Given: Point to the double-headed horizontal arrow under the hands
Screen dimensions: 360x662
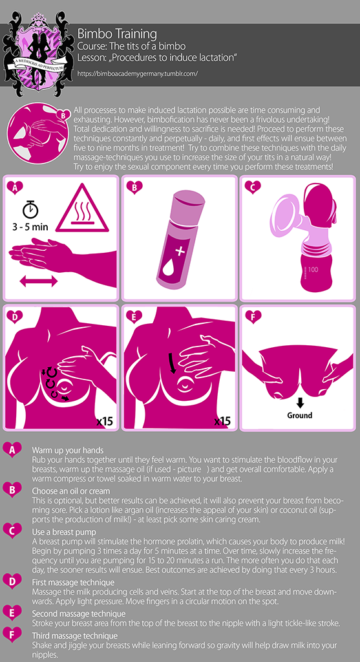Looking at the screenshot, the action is tap(38, 281).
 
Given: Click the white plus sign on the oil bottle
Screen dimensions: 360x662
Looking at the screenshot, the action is tap(180, 252).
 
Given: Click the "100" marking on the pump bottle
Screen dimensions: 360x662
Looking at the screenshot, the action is tap(313, 268).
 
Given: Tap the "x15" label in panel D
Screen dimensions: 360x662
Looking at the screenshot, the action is tap(103, 421).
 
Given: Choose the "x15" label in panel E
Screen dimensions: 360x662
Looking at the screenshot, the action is tap(222, 421).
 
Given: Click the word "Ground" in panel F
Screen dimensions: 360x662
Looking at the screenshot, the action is tap(300, 415).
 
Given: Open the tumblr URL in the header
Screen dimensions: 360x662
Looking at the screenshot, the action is tap(138, 73).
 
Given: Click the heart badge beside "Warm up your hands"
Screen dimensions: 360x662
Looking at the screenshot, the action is tap(12, 451).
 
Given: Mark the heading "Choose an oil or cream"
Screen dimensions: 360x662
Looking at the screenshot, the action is tap(71, 491).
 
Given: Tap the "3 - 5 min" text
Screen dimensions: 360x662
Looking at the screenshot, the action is tap(29, 227).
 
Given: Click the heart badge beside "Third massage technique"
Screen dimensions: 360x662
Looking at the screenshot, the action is tap(12, 635).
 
